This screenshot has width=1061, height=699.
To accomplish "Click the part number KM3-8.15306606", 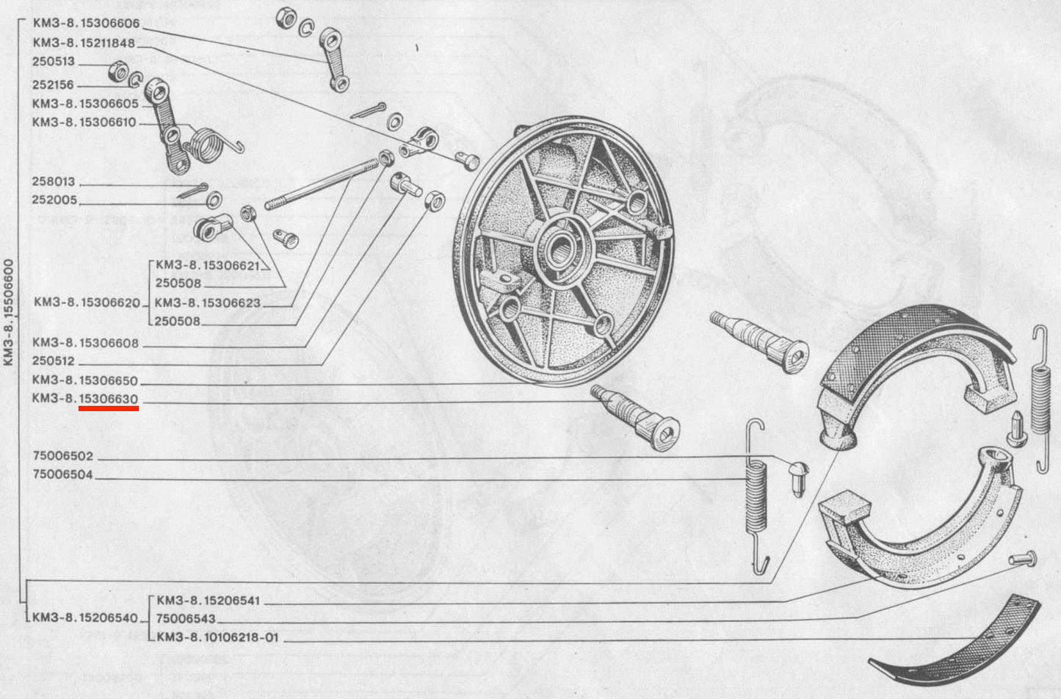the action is [x=86, y=23].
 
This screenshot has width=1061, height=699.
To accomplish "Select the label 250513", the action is [x=54, y=62].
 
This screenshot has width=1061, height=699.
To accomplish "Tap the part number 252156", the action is [x=53, y=84].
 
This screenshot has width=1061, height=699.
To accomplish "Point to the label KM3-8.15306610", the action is [x=84, y=123].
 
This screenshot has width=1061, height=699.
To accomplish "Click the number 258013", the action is [x=54, y=181].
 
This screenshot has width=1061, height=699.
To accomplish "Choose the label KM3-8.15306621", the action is [x=208, y=265].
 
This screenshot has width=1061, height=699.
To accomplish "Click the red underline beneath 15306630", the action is [x=109, y=408].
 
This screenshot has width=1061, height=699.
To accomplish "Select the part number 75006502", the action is [x=63, y=456].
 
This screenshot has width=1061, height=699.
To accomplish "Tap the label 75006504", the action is [x=63, y=474].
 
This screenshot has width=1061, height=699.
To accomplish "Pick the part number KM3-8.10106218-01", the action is [x=217, y=637].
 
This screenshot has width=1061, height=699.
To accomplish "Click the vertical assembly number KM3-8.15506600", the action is [x=9, y=312].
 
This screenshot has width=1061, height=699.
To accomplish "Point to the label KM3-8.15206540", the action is [x=84, y=618].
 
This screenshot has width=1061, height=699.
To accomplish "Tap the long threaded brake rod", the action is [x=322, y=184].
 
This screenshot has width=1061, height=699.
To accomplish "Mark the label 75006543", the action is [x=186, y=619].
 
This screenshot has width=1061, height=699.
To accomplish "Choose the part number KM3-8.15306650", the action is [x=84, y=380].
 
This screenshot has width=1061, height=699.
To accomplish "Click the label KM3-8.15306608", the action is [x=86, y=343].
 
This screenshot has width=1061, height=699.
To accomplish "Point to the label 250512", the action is [x=54, y=361].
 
